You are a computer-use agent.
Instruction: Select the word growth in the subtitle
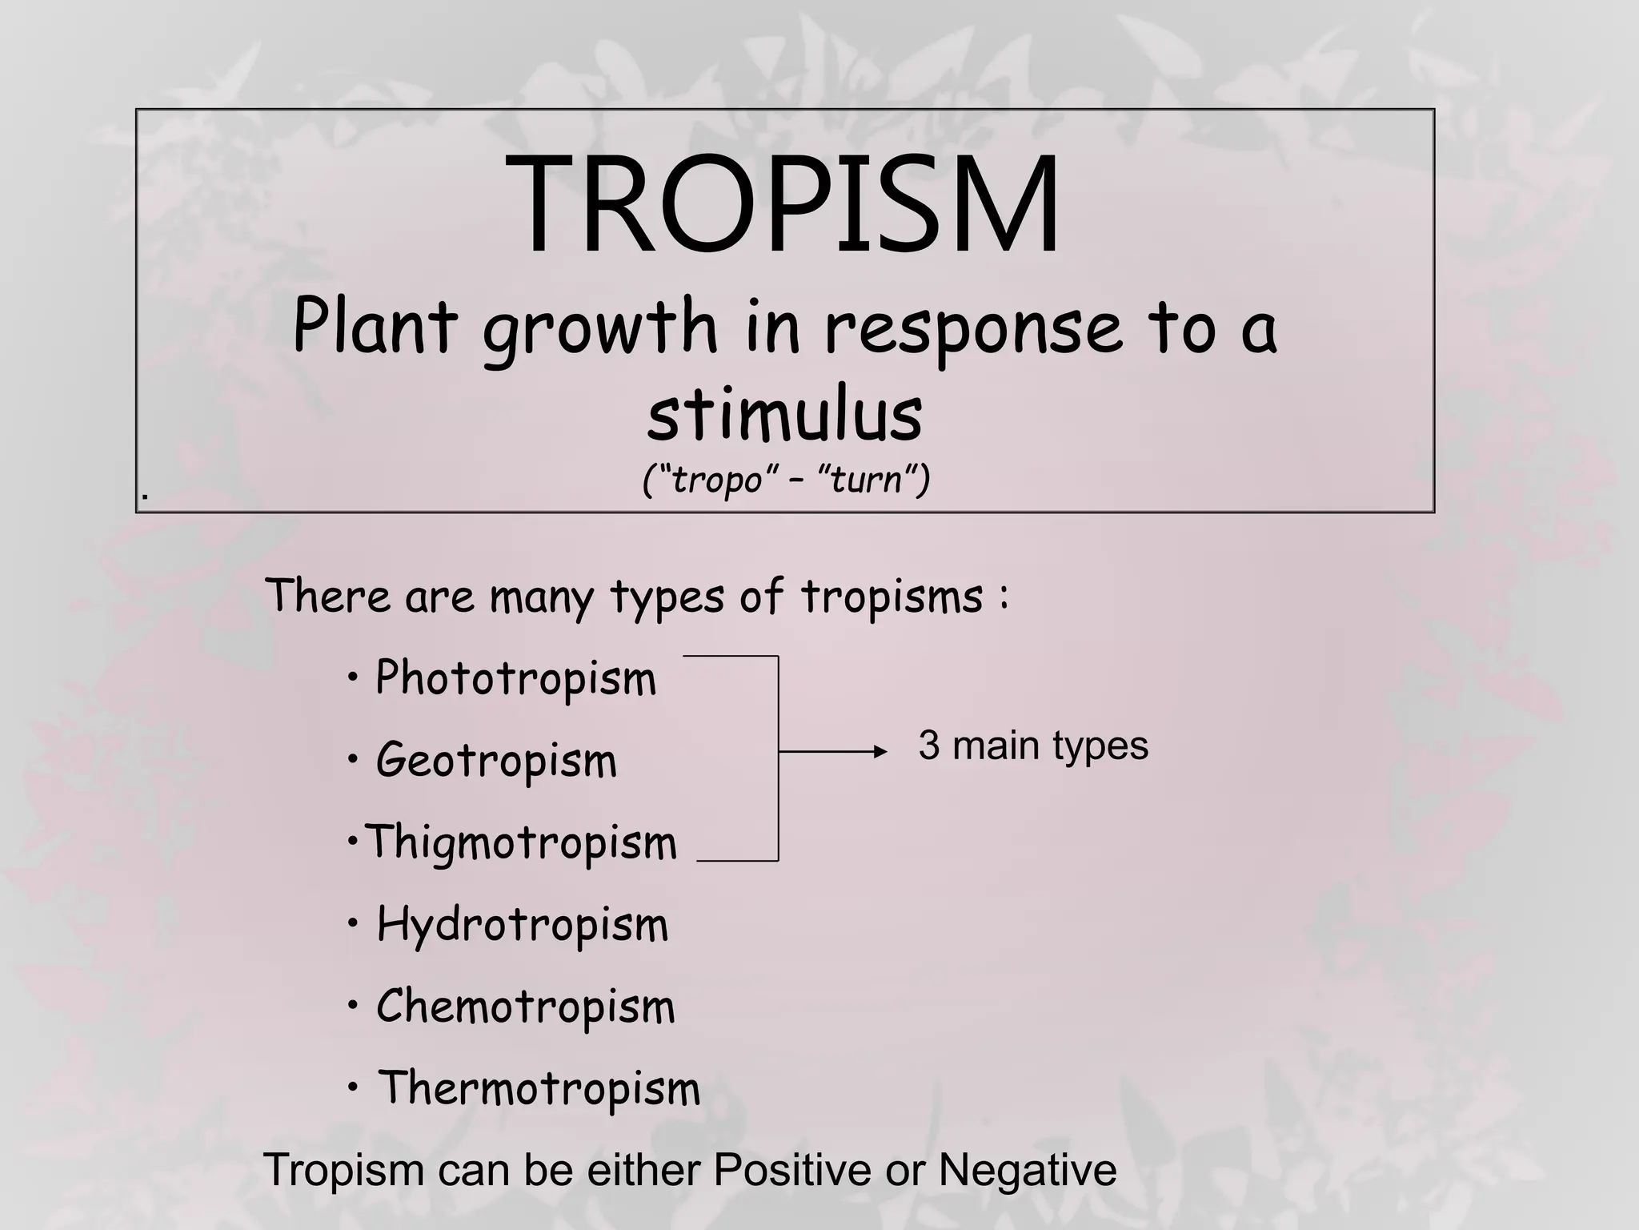point(600,328)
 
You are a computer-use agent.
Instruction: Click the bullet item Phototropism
point(515,679)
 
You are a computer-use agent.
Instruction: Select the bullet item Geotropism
point(496,760)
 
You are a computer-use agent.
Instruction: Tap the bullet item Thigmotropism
point(520,842)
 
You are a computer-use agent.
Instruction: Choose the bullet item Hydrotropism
point(522,925)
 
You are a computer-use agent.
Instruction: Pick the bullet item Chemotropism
point(526,1007)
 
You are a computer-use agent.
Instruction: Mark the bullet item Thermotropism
point(539,1088)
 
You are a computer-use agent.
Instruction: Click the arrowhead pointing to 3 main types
point(880,751)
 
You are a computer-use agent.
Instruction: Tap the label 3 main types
point(1033,746)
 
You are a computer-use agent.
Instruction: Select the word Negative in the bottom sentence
point(1027,1170)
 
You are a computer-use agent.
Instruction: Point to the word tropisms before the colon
point(892,597)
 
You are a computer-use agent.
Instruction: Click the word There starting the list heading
point(328,596)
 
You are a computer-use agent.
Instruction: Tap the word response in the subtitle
point(973,328)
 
